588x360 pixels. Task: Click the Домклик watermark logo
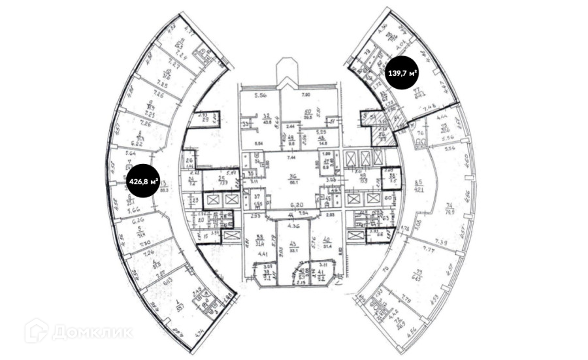tap(78, 331)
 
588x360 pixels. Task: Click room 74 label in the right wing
tap(449, 208)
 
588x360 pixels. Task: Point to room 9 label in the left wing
tap(150, 106)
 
